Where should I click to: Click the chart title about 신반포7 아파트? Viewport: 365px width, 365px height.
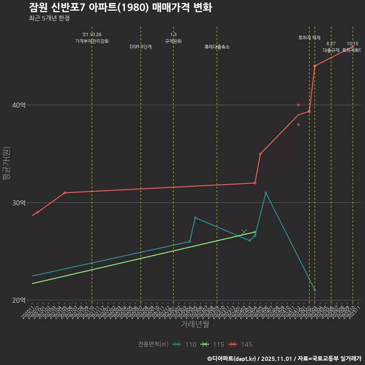120,8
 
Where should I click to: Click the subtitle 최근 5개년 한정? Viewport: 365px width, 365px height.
49,18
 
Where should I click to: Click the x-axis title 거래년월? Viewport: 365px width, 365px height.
195,324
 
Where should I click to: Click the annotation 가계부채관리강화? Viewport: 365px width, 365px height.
92,41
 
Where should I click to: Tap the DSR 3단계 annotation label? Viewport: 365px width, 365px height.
141,47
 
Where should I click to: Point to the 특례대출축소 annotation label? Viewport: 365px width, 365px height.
217,47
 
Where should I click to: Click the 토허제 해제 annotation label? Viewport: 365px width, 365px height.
309,38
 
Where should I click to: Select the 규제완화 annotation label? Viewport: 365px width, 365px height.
173,41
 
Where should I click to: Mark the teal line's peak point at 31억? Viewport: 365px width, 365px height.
266,193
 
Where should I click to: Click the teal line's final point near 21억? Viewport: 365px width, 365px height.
315,290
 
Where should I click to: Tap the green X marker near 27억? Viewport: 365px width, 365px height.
244,232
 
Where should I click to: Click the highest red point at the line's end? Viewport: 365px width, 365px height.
353,46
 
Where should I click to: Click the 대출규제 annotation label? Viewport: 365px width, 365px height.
331,50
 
